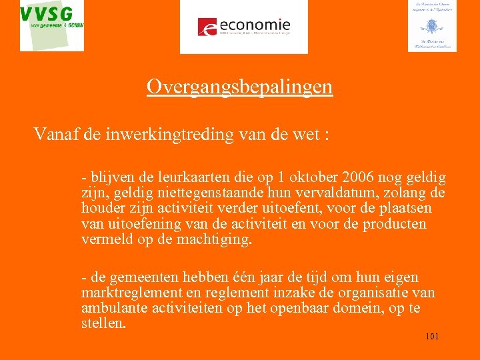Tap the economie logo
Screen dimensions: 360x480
244,27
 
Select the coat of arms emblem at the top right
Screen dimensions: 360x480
432,26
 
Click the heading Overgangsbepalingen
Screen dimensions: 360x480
239,87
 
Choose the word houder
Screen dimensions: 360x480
102,209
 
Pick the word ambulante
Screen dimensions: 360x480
111,308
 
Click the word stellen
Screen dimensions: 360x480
103,323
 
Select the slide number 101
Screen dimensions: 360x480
432,337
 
